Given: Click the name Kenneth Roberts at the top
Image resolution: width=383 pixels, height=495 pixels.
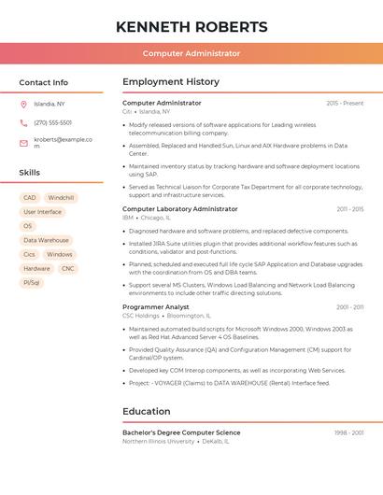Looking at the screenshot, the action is (191, 27).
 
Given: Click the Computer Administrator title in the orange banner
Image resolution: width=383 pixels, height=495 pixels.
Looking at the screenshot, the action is (191, 53).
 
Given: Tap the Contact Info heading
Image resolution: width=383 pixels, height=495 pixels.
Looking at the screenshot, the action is (44, 82).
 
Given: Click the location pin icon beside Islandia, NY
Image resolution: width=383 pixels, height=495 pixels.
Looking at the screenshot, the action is (23, 104).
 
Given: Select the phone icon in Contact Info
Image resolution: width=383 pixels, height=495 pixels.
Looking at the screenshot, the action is (23, 122).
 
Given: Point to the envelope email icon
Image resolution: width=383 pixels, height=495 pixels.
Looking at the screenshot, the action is (23, 143).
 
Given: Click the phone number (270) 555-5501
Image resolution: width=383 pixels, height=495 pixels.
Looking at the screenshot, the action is (52, 122).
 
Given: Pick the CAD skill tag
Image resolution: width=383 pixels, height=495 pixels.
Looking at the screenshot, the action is (30, 198).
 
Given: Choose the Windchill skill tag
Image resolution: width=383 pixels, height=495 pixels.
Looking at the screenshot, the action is (61, 198).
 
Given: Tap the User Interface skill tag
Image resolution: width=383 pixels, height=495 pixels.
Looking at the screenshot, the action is (42, 212).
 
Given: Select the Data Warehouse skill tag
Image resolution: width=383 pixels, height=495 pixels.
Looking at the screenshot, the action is (46, 240).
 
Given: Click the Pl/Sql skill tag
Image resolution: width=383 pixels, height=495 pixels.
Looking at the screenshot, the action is (32, 282).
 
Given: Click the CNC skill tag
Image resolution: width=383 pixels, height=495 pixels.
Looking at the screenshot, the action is (67, 268).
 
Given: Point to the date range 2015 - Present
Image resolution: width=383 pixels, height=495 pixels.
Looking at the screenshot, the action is (345, 103).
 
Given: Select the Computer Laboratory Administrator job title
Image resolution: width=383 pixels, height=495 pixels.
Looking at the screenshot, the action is (180, 209).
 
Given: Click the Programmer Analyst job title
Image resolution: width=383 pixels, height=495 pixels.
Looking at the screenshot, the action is (156, 306).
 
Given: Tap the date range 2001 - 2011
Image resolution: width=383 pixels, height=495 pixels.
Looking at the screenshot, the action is (350, 306).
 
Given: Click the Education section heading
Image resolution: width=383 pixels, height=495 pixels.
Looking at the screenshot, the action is (147, 411).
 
